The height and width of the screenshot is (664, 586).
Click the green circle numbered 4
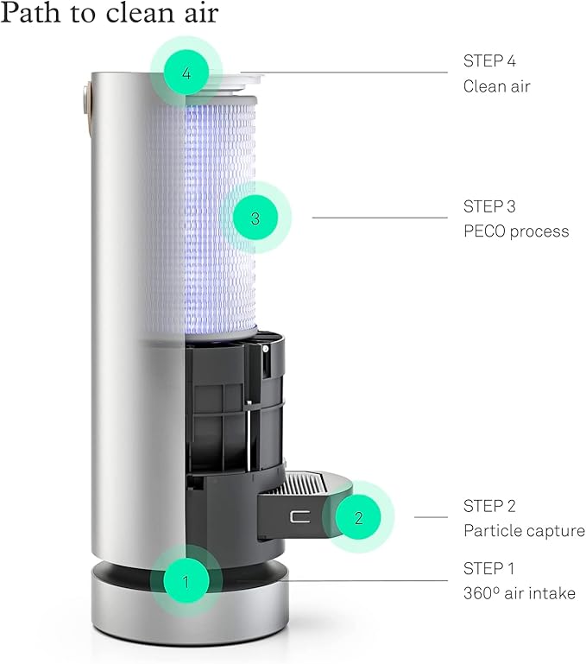pyautogui.click(x=186, y=73)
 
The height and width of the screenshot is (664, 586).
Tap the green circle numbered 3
pyautogui.click(x=255, y=218)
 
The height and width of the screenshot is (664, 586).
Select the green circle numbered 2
pyautogui.click(x=358, y=517)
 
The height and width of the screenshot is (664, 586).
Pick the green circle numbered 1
pyautogui.click(x=186, y=580)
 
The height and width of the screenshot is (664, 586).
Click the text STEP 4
pyautogui.click(x=489, y=61)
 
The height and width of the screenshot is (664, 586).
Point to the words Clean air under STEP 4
pyautogui.click(x=496, y=86)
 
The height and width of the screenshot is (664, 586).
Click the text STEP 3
pyautogui.click(x=489, y=206)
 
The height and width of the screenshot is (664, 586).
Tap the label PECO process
pyautogui.click(x=516, y=231)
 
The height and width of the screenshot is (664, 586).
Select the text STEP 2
pyautogui.click(x=489, y=506)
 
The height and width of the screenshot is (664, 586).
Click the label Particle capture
pyautogui.click(x=524, y=531)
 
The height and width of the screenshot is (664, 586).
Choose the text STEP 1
pyautogui.click(x=488, y=568)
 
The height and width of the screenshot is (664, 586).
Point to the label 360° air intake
pyautogui.click(x=519, y=593)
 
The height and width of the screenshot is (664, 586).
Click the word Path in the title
pyautogui.click(x=30, y=13)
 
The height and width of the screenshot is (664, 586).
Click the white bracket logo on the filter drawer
pyautogui.click(x=299, y=516)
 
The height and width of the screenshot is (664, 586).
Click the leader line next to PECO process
pyautogui.click(x=380, y=218)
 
